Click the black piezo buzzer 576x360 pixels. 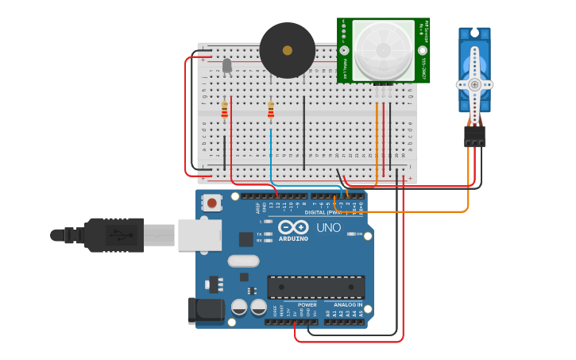(287, 50)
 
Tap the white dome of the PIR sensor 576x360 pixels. (383, 49)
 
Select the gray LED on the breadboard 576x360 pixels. (227, 65)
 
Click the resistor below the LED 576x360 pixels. (225, 110)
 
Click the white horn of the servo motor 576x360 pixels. (474, 83)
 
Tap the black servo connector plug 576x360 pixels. (474, 136)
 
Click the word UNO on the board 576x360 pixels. (328, 228)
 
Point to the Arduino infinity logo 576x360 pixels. (293, 227)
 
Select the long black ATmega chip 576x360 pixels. (316, 287)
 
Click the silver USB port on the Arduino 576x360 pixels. (199, 235)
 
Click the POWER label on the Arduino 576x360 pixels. (307, 304)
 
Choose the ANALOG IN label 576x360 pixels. (347, 304)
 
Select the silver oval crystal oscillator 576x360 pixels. (243, 261)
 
